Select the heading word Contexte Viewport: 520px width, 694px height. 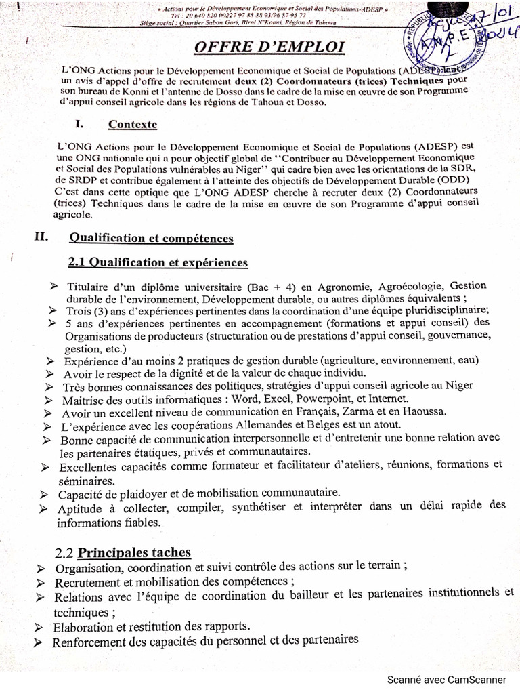(133, 125)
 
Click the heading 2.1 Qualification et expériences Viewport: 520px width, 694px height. (158, 262)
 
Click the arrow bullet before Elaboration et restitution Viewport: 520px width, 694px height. (41, 626)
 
